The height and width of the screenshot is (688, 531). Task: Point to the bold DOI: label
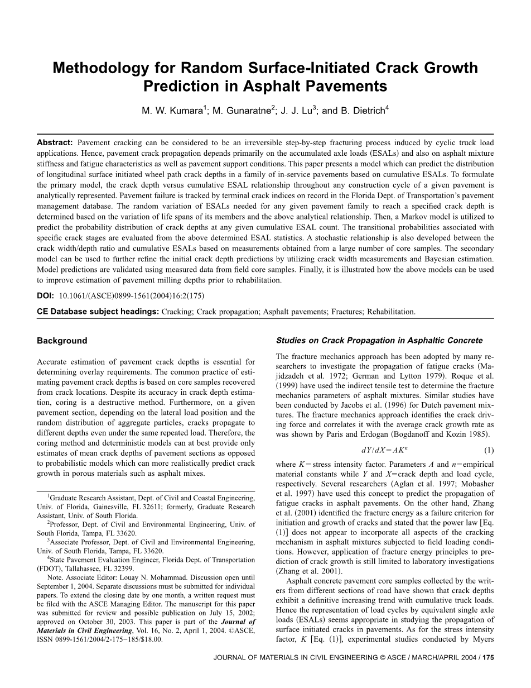coord(45,296)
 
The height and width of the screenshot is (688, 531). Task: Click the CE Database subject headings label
coord(98,312)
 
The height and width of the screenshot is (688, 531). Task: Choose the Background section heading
coord(62,341)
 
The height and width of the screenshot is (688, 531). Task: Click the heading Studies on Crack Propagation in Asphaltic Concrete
coord(379,341)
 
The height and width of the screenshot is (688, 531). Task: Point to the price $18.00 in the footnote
coord(152,640)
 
